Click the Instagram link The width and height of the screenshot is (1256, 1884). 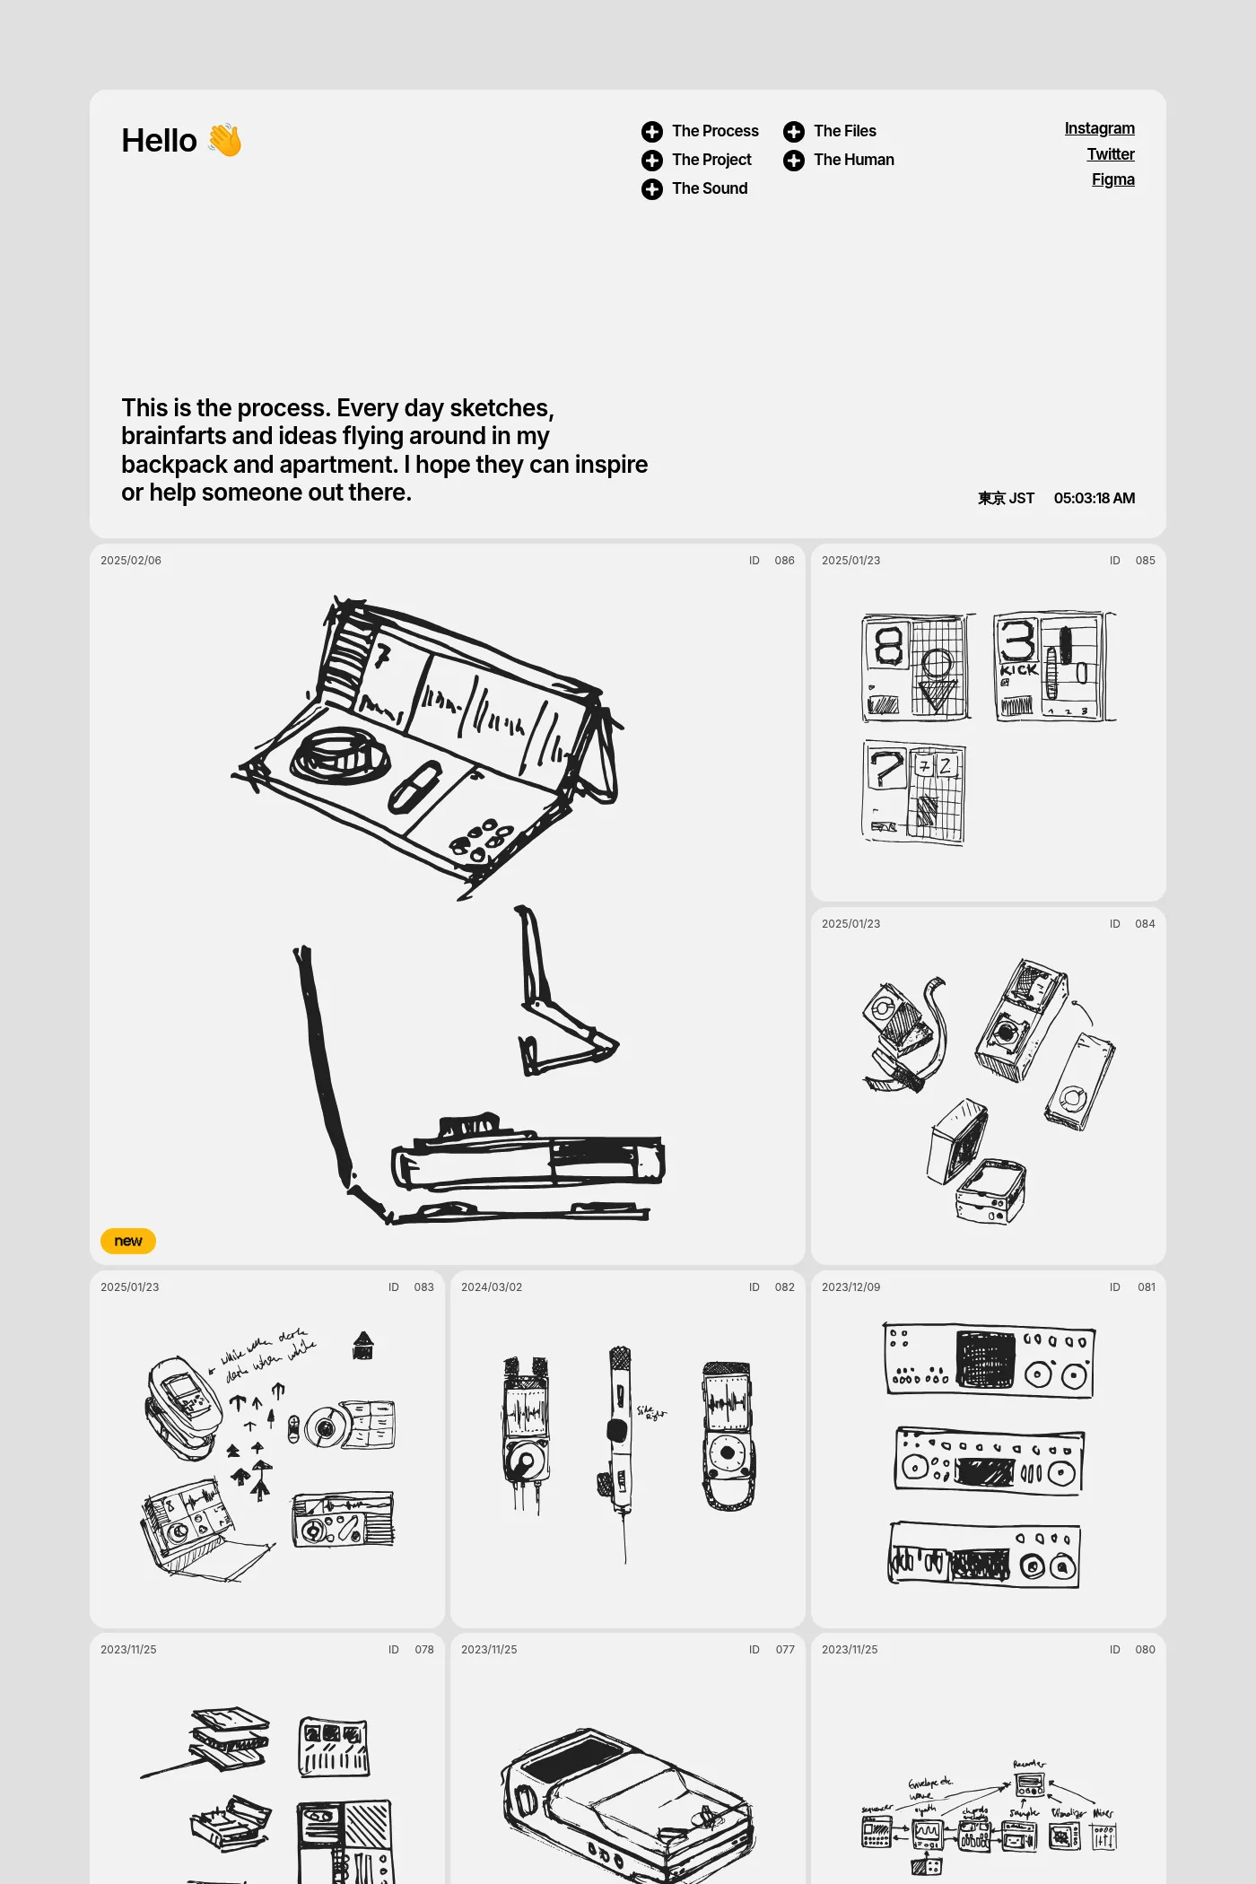point(1099,128)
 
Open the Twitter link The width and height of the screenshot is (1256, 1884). point(1111,154)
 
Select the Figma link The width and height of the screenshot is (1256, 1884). point(1112,179)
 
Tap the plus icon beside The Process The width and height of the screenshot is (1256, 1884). point(652,132)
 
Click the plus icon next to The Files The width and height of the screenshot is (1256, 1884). point(794,132)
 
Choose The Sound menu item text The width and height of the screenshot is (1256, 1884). point(710,188)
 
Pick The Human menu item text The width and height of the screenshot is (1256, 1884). point(853,160)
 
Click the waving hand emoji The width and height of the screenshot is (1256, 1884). point(225,141)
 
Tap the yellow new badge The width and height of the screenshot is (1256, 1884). point(128,1241)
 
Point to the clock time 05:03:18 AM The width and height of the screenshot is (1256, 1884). point(1094,498)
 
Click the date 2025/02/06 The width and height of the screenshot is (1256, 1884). point(131,561)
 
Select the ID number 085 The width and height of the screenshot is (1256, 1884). point(1145,561)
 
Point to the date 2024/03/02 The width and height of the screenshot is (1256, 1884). point(492,1287)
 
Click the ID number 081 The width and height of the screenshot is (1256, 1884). point(1146,1287)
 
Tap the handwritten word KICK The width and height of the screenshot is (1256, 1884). point(1019,669)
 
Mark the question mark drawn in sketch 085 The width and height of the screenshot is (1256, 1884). point(886,768)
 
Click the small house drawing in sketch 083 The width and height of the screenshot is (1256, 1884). point(362,1345)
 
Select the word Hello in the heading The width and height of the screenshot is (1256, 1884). point(159,141)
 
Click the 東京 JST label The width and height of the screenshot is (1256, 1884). point(1006,498)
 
